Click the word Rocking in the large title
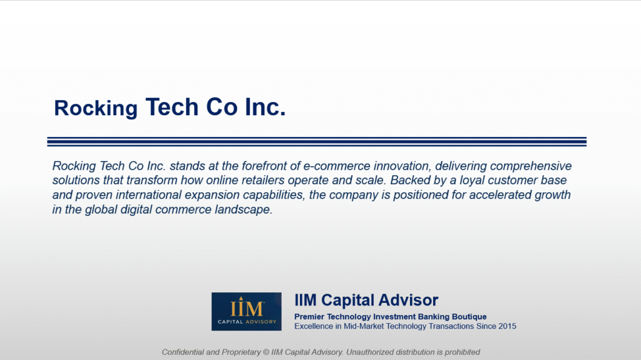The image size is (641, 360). pyautogui.click(x=96, y=109)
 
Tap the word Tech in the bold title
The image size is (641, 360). pyautogui.click(x=172, y=107)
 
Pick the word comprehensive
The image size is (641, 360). pyautogui.click(x=531, y=167)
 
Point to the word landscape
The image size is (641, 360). pyautogui.click(x=244, y=210)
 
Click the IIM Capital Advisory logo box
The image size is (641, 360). pyautogui.click(x=247, y=311)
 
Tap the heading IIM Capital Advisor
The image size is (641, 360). pyautogui.click(x=366, y=301)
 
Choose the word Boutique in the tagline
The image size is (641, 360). pyautogui.click(x=469, y=317)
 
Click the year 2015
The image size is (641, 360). pyautogui.click(x=507, y=326)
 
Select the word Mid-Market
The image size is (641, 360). pyautogui.click(x=364, y=326)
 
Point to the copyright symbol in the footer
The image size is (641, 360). pyautogui.click(x=266, y=352)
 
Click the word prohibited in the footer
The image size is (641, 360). pyautogui.click(x=463, y=352)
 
